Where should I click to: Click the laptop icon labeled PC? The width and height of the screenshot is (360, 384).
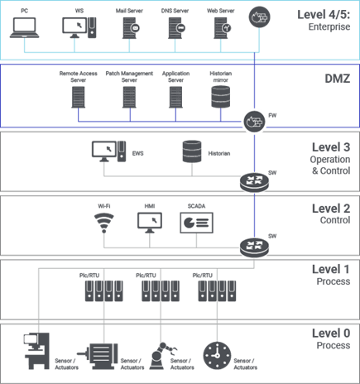click(x=24, y=27)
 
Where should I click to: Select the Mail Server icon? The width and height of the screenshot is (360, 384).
click(x=131, y=28)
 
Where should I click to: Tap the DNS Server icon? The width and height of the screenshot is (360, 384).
click(x=176, y=28)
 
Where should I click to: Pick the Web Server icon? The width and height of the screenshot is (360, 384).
click(x=223, y=28)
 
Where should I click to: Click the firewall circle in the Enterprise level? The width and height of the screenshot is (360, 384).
click(x=259, y=17)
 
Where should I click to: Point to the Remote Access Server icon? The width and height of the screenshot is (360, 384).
click(x=79, y=97)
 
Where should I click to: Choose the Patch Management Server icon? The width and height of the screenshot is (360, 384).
click(x=129, y=97)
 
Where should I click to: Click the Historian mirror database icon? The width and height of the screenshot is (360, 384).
click(x=221, y=97)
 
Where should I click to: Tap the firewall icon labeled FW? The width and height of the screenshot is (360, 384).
click(x=254, y=122)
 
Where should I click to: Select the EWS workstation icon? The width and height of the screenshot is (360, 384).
click(x=109, y=151)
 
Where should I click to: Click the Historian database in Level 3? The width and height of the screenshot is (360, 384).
click(x=192, y=151)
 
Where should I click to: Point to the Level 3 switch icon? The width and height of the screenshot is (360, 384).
click(x=254, y=182)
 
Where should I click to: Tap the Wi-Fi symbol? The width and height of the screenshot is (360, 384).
click(x=104, y=223)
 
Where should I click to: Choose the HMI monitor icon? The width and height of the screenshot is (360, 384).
click(x=150, y=223)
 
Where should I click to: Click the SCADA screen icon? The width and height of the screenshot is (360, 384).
click(x=196, y=223)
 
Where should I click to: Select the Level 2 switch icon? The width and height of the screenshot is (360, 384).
click(x=254, y=247)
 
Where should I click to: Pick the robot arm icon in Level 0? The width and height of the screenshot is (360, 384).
click(x=163, y=356)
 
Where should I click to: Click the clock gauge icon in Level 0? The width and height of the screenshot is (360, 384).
click(x=217, y=356)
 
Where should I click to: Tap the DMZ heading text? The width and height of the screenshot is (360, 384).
click(x=338, y=79)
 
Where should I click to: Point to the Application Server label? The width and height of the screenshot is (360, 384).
click(x=175, y=77)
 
